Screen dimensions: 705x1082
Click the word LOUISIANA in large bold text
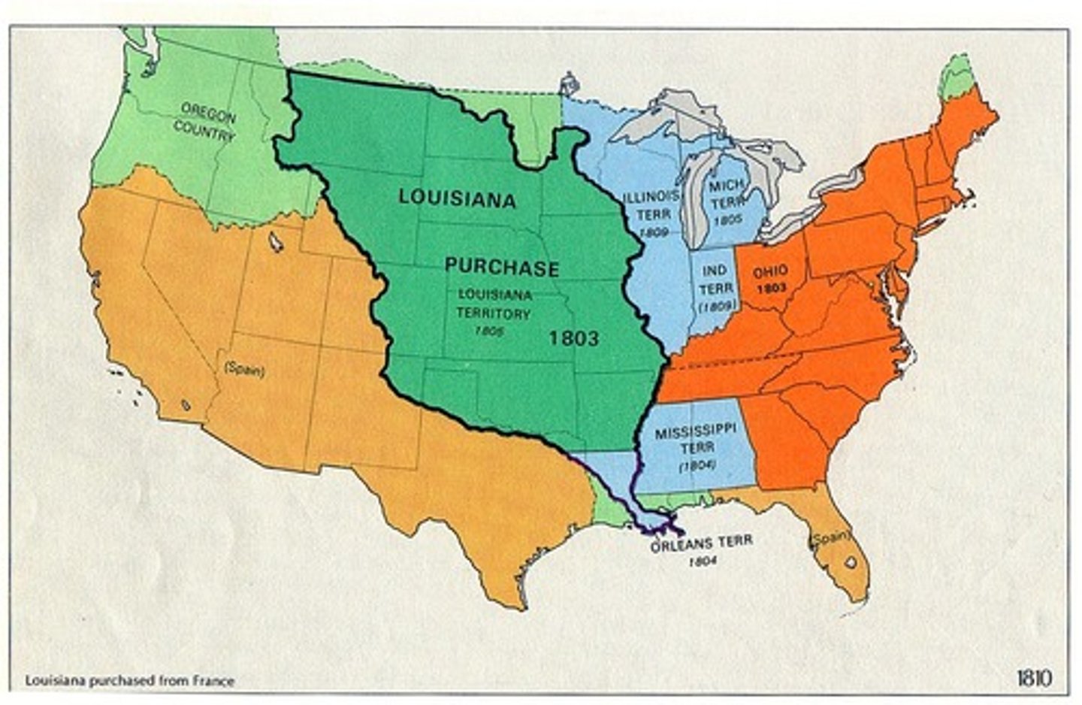457,198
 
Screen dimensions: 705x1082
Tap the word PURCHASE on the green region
501,268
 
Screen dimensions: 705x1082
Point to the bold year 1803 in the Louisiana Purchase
574,338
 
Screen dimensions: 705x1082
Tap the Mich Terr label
727,193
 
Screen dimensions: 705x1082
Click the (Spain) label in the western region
243,370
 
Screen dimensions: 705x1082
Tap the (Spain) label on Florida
829,537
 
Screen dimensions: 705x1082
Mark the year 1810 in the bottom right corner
1033,678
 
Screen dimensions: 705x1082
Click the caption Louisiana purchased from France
130,681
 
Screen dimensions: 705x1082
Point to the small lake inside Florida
850,561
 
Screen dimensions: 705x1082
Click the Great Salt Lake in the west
276,241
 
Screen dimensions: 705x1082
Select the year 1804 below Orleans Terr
700,561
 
